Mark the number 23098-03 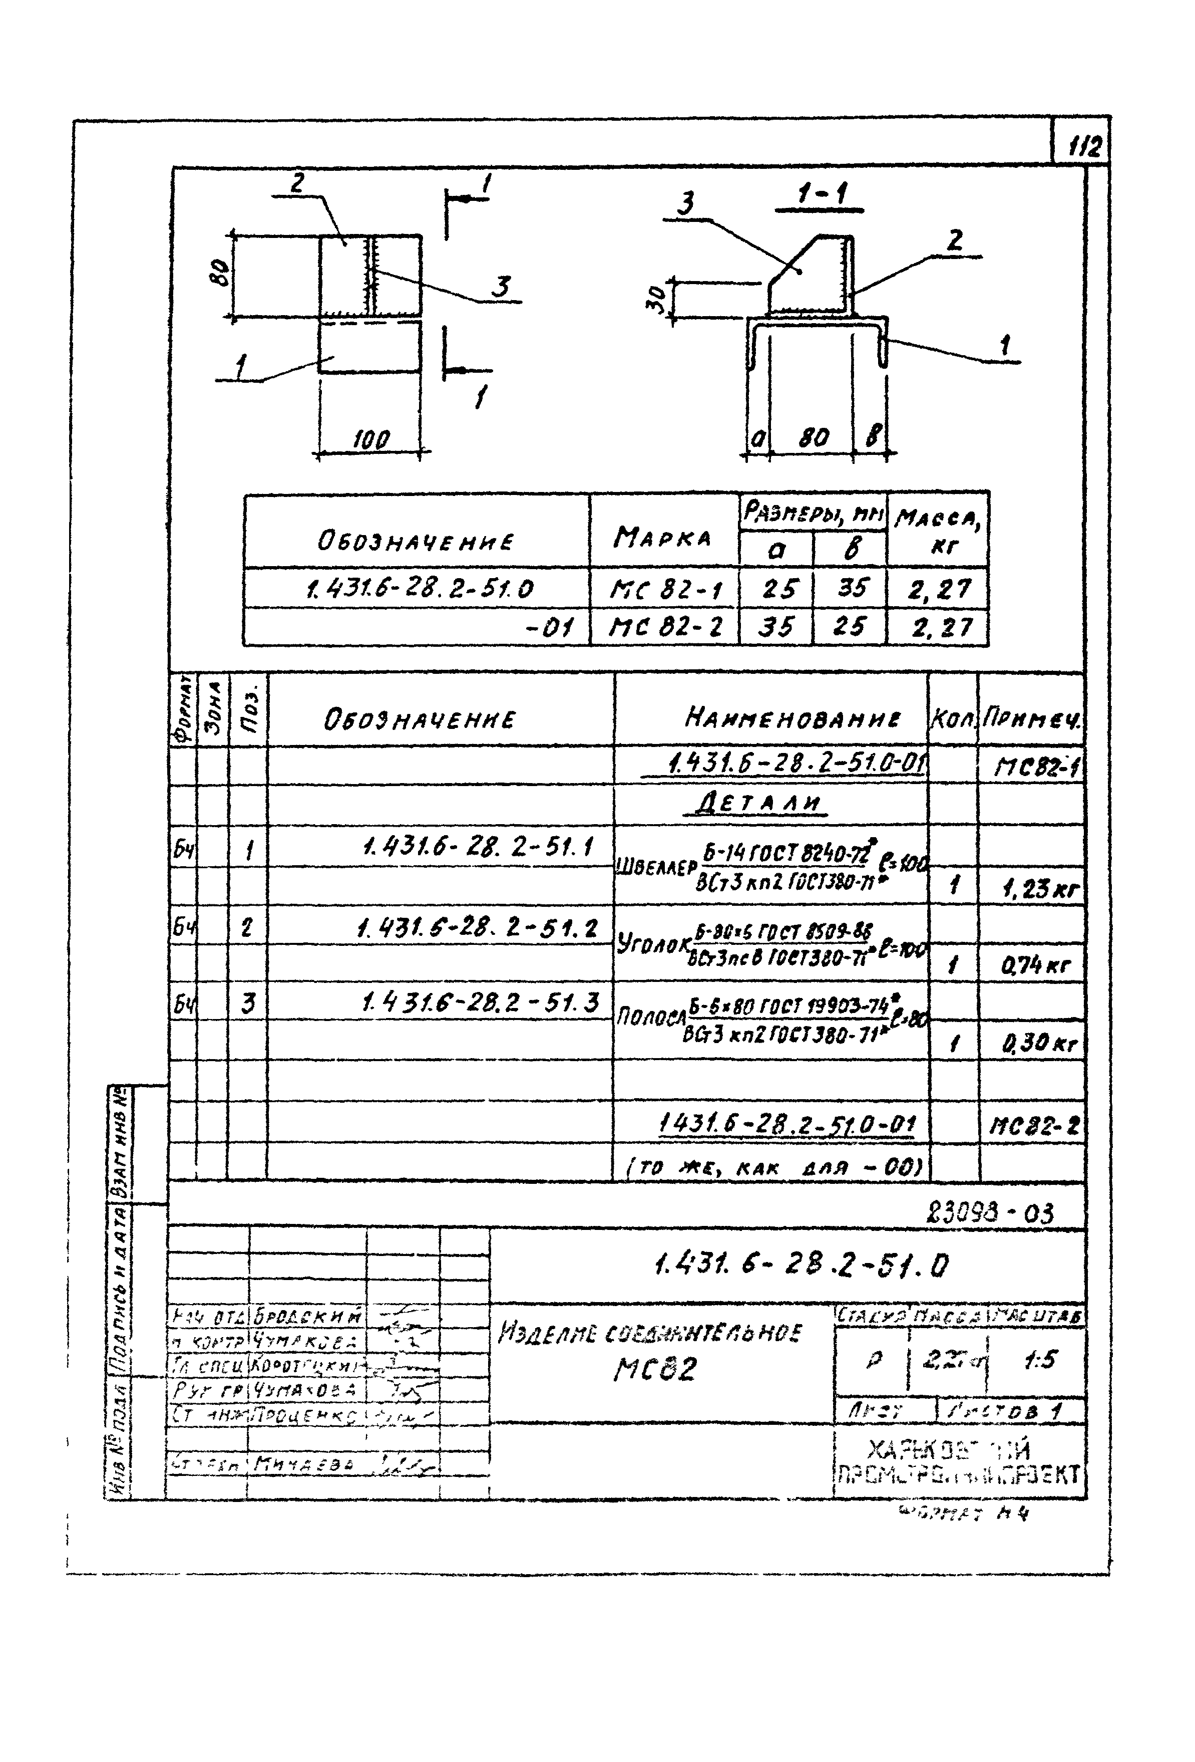tap(990, 1214)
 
